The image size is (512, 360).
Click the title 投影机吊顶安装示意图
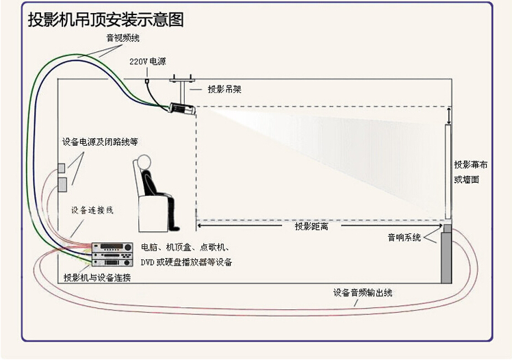[x=106, y=19]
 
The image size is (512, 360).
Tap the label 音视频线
[x=123, y=38]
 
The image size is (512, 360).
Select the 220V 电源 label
[x=148, y=61]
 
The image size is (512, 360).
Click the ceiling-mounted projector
[x=182, y=108]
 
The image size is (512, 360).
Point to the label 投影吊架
[x=225, y=89]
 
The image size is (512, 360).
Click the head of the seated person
[x=144, y=162]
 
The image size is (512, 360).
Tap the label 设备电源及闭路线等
[x=100, y=142]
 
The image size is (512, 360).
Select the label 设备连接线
[x=92, y=210]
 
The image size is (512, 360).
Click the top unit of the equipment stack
[x=112, y=247]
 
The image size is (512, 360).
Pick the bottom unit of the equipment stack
[x=112, y=262]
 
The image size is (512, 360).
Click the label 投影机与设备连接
[x=97, y=277]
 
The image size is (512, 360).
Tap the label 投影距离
[x=311, y=226]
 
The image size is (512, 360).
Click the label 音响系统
[x=405, y=237]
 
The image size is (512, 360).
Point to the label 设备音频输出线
[x=363, y=292]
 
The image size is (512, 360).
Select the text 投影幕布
[x=470, y=165]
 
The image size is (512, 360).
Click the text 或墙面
[x=467, y=179]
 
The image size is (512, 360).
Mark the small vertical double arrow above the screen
[x=449, y=116]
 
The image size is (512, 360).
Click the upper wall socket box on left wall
[x=62, y=168]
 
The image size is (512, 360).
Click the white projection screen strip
[x=448, y=172]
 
